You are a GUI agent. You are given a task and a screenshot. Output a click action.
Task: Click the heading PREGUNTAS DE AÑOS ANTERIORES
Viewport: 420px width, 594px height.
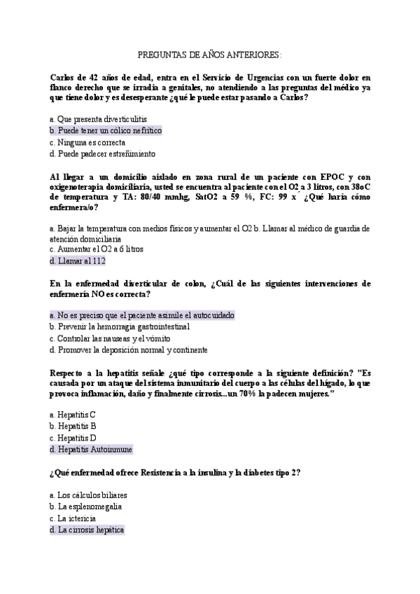(210, 54)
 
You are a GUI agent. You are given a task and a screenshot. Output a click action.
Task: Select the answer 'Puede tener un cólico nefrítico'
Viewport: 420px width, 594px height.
(106, 130)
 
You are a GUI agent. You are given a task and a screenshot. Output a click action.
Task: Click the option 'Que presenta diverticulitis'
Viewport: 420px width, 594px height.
(99, 119)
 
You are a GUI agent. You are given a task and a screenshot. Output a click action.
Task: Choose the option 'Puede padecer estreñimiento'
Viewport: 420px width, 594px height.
(103, 153)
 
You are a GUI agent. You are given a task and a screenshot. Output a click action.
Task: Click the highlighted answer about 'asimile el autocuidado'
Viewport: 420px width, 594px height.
(142, 315)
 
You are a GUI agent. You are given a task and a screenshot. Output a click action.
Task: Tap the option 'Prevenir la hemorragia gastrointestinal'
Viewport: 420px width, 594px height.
(120, 326)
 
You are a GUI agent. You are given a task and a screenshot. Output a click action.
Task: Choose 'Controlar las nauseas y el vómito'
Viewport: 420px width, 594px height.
(111, 338)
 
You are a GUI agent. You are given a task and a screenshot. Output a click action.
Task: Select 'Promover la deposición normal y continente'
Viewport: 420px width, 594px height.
(128, 350)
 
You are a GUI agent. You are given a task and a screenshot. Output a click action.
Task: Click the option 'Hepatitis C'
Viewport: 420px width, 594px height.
(73, 414)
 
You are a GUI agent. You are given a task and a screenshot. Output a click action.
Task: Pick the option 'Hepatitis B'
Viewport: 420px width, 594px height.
(73, 425)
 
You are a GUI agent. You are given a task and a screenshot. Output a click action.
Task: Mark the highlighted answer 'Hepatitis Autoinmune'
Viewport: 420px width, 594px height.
(91, 449)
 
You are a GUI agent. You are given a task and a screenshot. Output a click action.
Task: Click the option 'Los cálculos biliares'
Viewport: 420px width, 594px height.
(88, 495)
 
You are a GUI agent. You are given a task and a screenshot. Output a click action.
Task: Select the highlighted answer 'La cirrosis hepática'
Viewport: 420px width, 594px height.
(87, 530)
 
